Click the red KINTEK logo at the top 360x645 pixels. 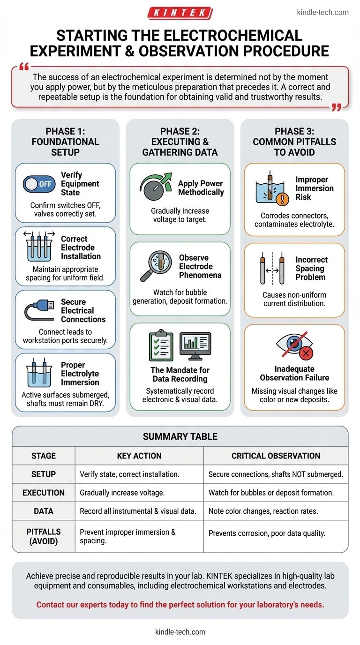click(180, 13)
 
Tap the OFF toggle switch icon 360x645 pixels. click(39, 184)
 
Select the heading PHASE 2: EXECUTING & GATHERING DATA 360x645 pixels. click(180, 141)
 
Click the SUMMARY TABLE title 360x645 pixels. click(180, 436)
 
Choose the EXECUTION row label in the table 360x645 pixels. click(44, 493)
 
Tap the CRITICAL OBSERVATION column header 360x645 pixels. click(276, 456)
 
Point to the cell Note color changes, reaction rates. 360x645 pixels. click(263, 511)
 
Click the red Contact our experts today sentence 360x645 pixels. click(180, 604)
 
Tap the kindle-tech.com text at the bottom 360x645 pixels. click(180, 632)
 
